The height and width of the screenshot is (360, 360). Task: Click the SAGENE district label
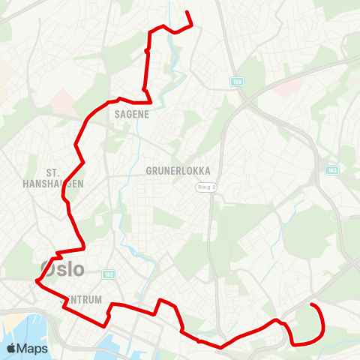click(x=132, y=115)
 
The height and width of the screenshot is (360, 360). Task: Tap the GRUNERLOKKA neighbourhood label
click(x=178, y=171)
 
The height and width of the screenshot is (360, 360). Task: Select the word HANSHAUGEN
click(x=53, y=183)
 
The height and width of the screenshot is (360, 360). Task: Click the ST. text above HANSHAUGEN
click(x=53, y=172)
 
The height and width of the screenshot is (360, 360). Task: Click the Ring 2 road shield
click(x=206, y=187)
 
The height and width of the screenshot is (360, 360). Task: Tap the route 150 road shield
click(x=238, y=81)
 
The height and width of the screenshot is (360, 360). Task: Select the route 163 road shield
click(x=331, y=171)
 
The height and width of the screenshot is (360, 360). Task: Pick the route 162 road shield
click(x=109, y=275)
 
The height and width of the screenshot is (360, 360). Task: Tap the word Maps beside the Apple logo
click(x=33, y=348)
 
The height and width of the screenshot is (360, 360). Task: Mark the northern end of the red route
click(x=187, y=11)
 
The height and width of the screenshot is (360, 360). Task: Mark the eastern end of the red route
click(x=311, y=305)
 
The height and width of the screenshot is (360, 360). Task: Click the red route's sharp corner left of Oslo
click(x=35, y=281)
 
